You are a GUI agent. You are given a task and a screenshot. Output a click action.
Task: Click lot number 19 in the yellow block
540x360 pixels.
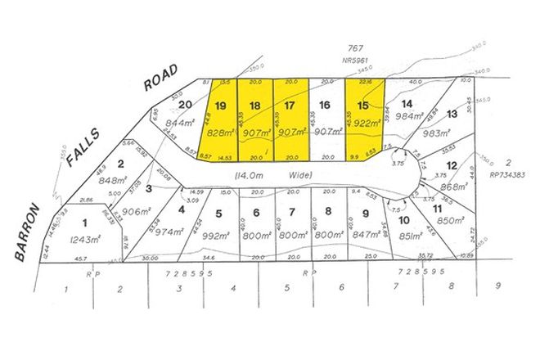[x=219, y=106]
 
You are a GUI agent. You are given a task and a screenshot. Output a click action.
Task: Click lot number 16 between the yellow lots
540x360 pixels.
[x=325, y=106]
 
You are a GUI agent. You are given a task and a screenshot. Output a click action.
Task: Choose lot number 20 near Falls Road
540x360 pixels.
[x=185, y=104]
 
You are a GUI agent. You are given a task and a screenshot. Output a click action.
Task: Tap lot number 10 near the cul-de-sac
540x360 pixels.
[x=403, y=220]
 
